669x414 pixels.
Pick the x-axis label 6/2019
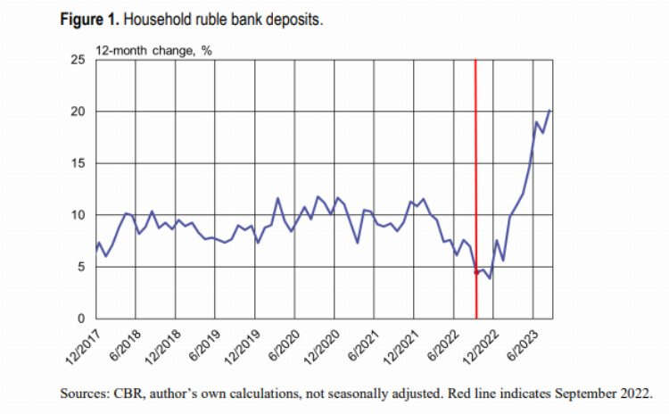coord(202,344)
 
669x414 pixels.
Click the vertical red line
coord(475,178)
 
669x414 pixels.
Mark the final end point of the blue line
coord(550,110)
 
